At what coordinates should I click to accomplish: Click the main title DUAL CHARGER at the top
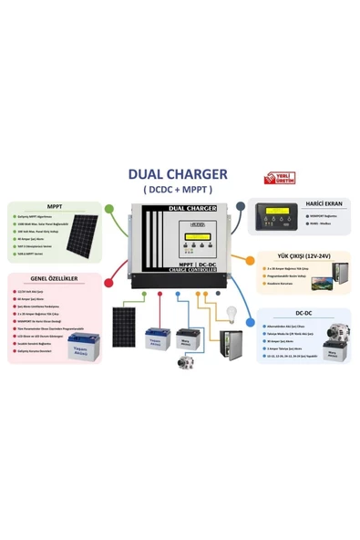(x=178, y=173)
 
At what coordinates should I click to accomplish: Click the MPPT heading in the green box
(x=55, y=206)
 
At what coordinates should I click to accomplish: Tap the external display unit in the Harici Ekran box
(x=276, y=219)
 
